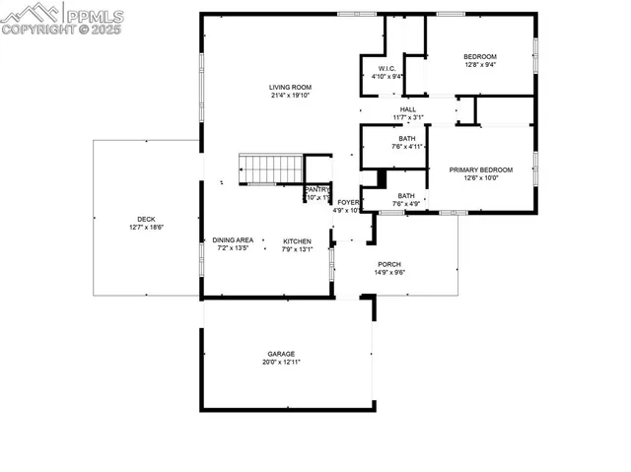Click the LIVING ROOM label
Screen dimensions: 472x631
pos(291,87)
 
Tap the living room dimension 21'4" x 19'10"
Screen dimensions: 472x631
pos(291,96)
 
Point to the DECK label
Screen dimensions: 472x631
pos(145,219)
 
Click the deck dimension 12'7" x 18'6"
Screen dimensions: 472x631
pos(145,228)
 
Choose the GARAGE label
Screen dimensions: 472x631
pos(281,354)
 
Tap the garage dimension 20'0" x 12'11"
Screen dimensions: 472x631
pos(281,363)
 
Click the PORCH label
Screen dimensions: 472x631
pos(389,264)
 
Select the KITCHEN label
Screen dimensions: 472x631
pos(297,240)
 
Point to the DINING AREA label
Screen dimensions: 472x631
pos(233,240)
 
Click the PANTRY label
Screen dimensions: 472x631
pos(317,189)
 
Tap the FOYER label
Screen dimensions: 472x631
pos(348,201)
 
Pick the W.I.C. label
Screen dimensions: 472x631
pos(386,68)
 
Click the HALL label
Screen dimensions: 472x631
pos(408,109)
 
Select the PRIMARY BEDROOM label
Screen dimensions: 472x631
pos(481,169)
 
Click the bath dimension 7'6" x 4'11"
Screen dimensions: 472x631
pos(407,147)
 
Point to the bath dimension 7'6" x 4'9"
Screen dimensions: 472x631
pos(406,204)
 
